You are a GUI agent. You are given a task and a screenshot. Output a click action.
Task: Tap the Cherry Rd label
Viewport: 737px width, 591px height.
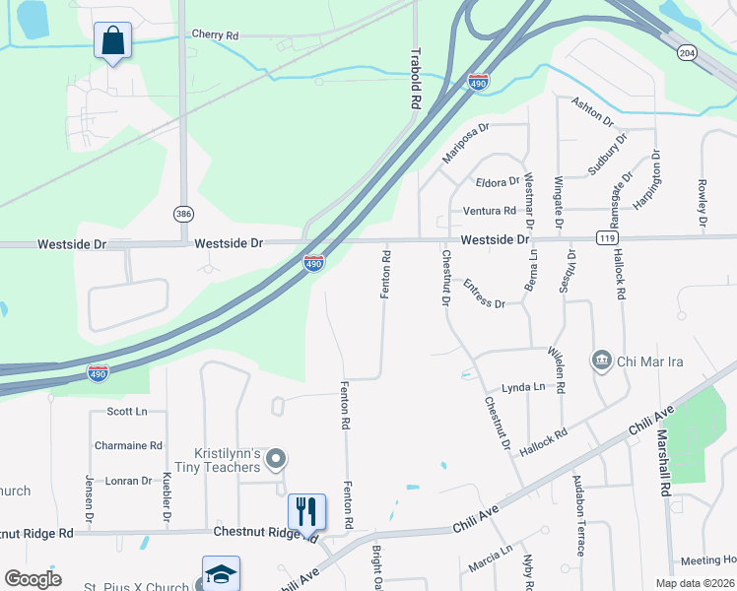coord(216,34)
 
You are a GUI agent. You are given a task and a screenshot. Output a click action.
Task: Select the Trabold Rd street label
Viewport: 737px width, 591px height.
coord(416,78)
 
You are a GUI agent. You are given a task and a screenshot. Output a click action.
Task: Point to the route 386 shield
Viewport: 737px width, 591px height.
coord(183,214)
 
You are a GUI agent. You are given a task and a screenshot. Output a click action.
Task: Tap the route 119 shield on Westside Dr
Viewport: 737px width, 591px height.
coord(607,238)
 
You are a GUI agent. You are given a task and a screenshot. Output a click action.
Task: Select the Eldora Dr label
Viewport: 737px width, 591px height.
coord(497,182)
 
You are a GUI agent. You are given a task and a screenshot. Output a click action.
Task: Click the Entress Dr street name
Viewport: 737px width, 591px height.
coord(484,295)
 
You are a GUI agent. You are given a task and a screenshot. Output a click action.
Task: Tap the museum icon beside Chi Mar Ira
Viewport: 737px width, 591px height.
coord(601,361)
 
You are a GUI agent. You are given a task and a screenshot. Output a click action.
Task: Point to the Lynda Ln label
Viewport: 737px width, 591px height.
coord(523,388)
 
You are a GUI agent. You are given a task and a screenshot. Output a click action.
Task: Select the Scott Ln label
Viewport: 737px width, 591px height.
coord(126,412)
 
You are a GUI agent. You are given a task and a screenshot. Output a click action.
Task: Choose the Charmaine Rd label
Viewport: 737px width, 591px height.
coord(128,445)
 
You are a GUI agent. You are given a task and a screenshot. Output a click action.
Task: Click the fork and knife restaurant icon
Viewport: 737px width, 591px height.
coord(305,511)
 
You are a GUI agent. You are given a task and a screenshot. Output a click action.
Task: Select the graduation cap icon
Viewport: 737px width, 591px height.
coord(221,573)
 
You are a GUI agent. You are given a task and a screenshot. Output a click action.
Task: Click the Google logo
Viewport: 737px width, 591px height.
coord(33,579)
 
